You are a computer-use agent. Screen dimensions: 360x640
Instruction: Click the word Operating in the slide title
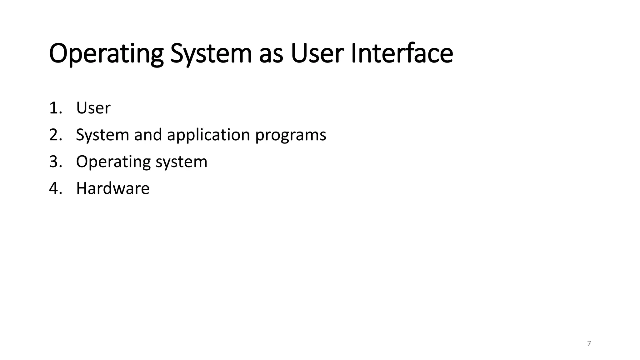click(x=106, y=54)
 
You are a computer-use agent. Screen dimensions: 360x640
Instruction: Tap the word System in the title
click(x=211, y=54)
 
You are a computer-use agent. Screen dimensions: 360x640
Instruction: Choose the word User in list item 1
click(x=93, y=108)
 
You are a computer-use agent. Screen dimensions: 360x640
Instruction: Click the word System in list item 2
click(x=102, y=135)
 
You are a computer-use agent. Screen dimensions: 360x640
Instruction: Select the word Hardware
click(x=113, y=188)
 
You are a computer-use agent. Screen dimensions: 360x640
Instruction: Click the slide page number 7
click(x=589, y=344)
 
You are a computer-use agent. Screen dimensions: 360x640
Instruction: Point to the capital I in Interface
click(x=353, y=54)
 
